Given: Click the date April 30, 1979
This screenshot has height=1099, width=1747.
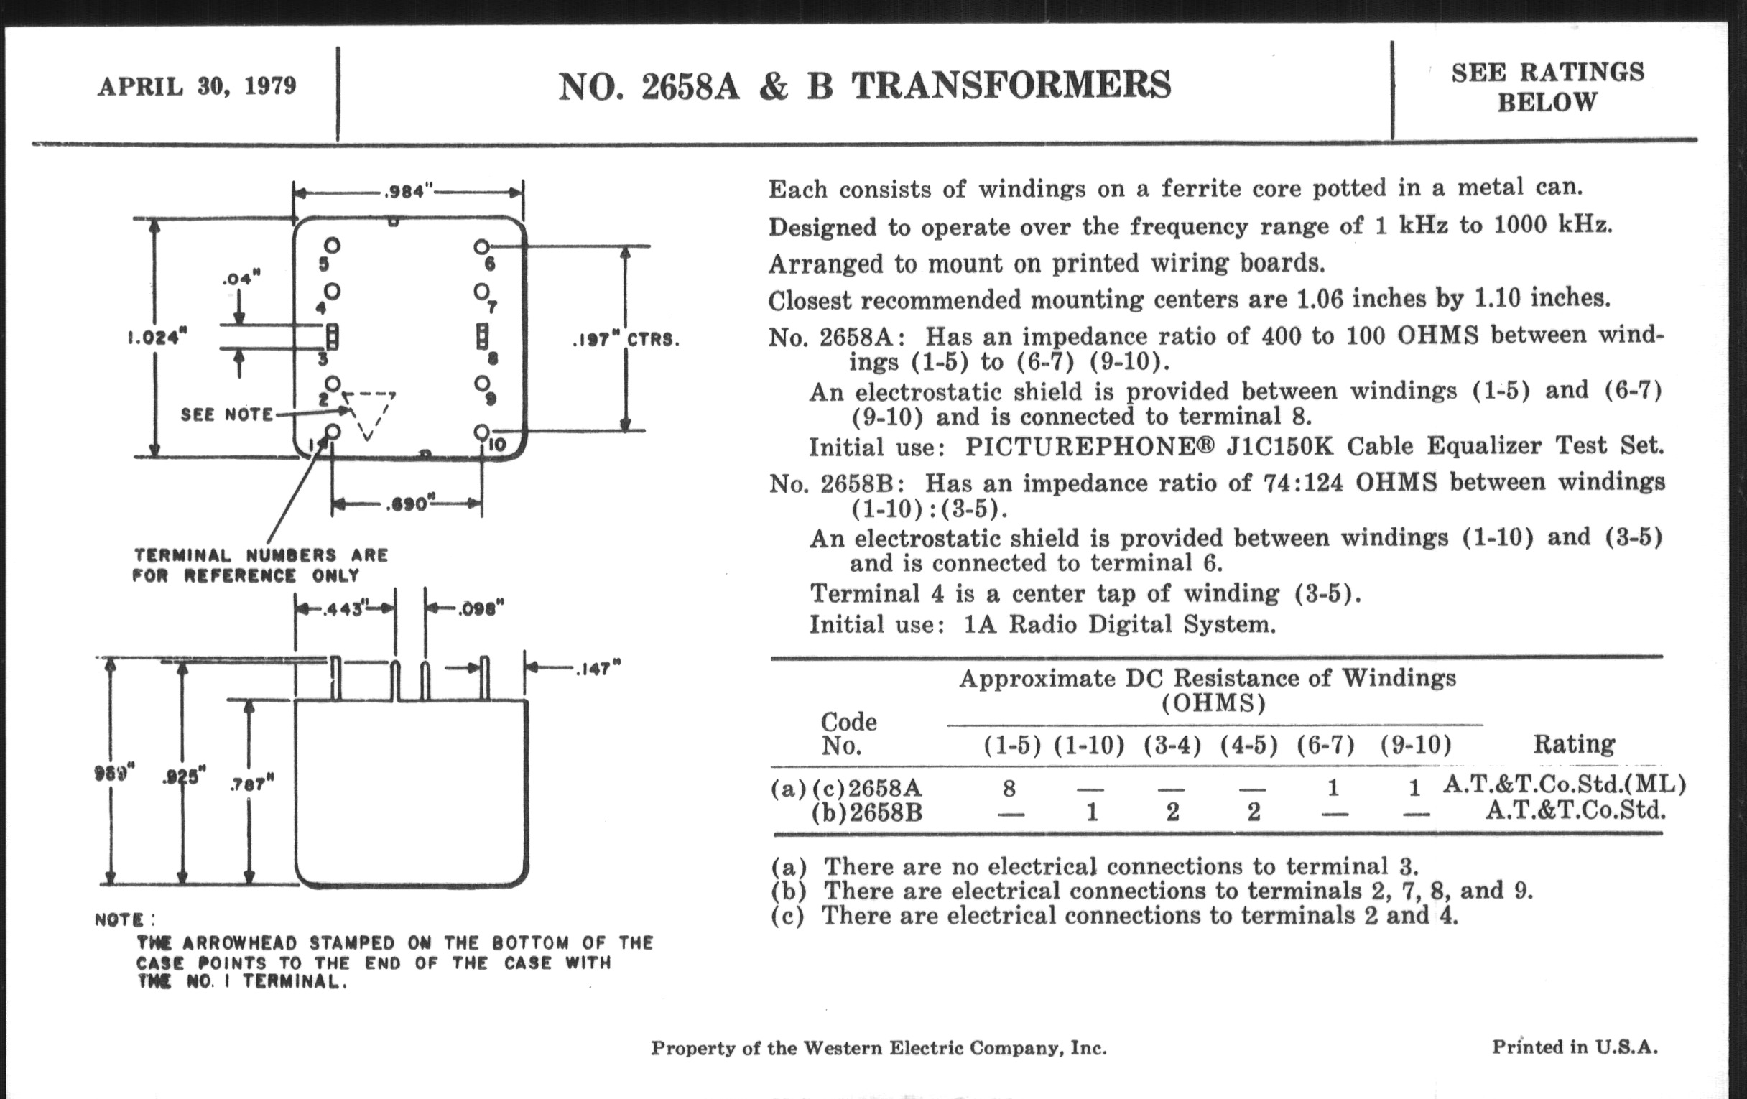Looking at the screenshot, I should [x=198, y=86].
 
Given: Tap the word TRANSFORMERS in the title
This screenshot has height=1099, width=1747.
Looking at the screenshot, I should [x=1011, y=85].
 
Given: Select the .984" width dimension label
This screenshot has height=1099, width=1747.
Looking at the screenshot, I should [x=408, y=193].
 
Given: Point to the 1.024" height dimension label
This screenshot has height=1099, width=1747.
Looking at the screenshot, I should [x=157, y=338].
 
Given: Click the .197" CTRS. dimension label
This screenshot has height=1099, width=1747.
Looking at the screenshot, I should [x=626, y=340].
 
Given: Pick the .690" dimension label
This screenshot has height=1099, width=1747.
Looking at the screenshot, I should [x=409, y=504].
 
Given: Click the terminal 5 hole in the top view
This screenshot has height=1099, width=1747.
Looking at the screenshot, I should [x=333, y=245].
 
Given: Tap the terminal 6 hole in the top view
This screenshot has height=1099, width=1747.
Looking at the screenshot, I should [x=481, y=246].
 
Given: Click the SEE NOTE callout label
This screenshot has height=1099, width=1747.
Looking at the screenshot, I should [x=226, y=414].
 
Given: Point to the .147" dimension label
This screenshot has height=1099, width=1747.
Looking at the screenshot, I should [x=598, y=669].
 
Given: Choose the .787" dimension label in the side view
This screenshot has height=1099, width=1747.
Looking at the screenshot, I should [x=251, y=784].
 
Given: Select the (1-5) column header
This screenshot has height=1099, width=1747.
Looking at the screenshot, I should [x=1011, y=746].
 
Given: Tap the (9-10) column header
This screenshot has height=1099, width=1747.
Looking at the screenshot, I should [x=1414, y=745].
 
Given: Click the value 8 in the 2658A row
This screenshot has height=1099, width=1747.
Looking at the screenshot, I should [x=1009, y=788].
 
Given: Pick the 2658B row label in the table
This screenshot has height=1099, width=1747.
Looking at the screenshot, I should [x=885, y=812].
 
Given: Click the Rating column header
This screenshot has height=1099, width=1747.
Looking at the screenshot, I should [x=1574, y=743].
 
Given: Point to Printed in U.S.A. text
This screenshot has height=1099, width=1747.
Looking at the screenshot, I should [x=1575, y=1047].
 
